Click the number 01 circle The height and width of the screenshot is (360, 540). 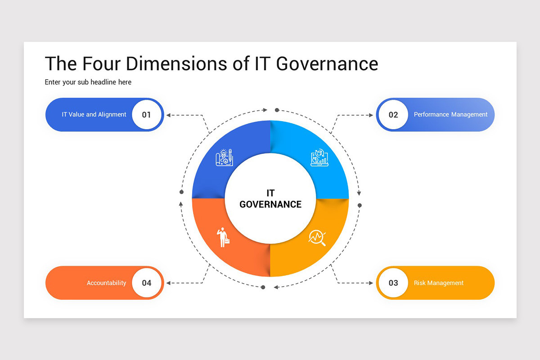[x=147, y=115]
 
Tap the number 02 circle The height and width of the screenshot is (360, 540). [x=393, y=115]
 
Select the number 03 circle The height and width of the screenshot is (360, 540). [x=393, y=283]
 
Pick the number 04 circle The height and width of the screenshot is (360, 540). [x=147, y=283]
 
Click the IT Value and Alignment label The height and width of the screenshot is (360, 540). [x=94, y=115]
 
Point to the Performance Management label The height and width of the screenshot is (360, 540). [x=450, y=115]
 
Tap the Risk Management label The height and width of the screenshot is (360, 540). [x=439, y=283]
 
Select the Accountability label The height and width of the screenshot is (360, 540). [x=106, y=283]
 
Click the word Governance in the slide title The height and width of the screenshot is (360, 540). [x=327, y=63]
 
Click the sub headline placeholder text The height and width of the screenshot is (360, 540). [x=88, y=82]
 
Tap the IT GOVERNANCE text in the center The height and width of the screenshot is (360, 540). [x=270, y=199]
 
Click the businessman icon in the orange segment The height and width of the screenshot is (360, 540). [x=223, y=237]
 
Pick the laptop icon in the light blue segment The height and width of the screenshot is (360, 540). [x=319, y=158]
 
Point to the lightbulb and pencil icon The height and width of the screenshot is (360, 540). [x=224, y=158]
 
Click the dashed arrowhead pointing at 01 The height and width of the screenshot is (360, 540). [x=168, y=115]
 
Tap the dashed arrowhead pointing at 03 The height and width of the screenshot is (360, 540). [x=371, y=283]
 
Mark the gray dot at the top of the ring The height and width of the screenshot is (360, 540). [x=277, y=110]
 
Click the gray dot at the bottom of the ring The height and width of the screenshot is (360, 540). [x=263, y=287]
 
